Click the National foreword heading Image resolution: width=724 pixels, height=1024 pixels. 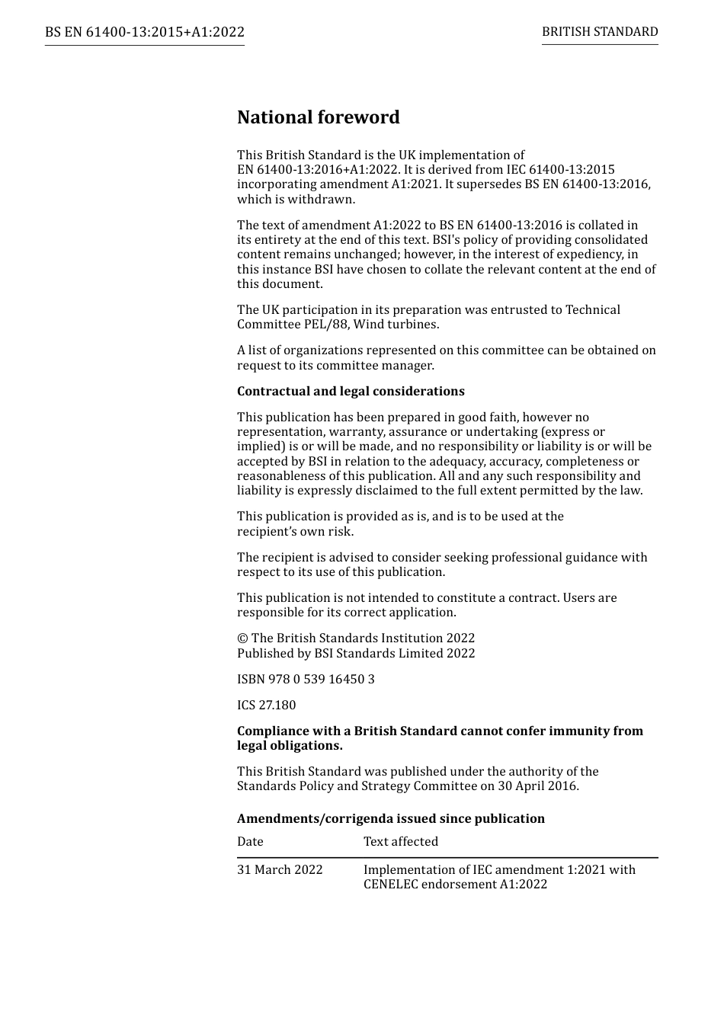point(318,117)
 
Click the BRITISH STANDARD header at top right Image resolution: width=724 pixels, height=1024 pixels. point(600,32)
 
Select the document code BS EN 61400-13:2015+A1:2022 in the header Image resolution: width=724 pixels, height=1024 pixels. point(145,32)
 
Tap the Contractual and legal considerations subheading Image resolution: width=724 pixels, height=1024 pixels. point(351,392)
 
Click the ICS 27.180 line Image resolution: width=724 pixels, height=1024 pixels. point(266,706)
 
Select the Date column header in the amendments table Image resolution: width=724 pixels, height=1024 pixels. point(250,842)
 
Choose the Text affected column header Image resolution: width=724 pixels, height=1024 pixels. point(401,842)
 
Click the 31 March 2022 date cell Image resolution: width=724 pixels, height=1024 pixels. point(280,870)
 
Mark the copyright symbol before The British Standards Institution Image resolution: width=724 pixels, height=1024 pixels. point(242,638)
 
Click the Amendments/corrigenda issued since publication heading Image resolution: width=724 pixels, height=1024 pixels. point(390,819)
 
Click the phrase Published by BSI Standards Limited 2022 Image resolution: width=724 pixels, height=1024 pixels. point(356,654)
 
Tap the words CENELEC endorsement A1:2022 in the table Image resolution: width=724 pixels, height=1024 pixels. point(455,885)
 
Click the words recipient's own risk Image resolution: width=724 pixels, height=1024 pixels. point(295,532)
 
